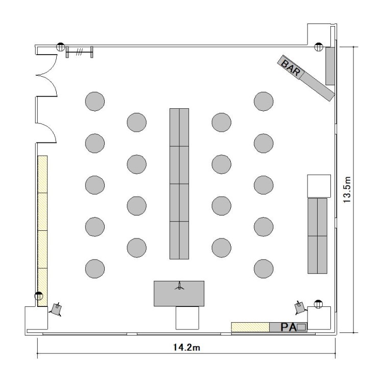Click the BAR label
coord(291,67)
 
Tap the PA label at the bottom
coord(289,327)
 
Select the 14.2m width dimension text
coord(186,347)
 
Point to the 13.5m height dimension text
coord(347,189)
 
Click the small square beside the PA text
coord(301,327)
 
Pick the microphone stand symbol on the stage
coord(180,286)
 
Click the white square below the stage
coord(187,318)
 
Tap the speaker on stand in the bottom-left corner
coord(56,309)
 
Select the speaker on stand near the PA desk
coord(300,307)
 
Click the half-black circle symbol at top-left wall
coord(60,46)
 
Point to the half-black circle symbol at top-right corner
coord(318,46)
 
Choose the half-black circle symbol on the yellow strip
coord(39,296)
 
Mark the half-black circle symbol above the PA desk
coord(318,304)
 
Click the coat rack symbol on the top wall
coord(79,52)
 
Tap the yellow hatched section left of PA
coord(250,327)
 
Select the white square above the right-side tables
coord(319,186)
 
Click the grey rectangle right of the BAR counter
coord(330,66)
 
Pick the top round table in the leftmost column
coord(95,102)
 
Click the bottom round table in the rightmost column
coord(264,269)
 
